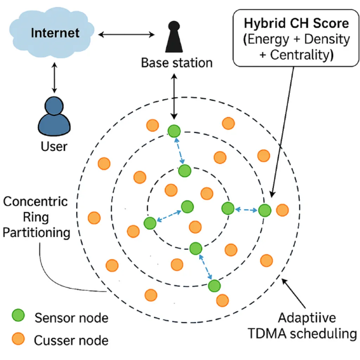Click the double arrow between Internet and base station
pos(127,34)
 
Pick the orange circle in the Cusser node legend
pos(18,339)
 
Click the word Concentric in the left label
pos(36,202)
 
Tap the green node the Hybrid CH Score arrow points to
pos(265,210)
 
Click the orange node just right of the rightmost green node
pos(282,210)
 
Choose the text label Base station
pos(177,63)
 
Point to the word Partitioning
pos(37,233)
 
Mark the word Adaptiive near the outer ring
pos(307,317)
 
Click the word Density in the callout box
pos(327,39)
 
